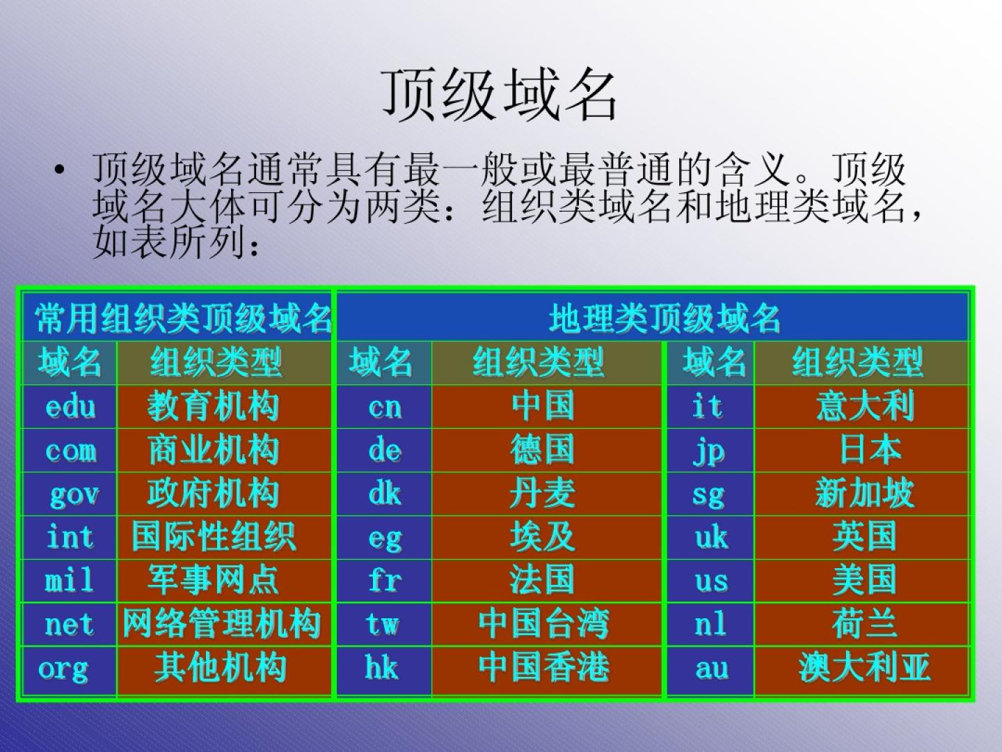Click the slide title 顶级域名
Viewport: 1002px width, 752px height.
pyautogui.click(x=500, y=96)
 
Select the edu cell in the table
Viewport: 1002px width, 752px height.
pyautogui.click(x=70, y=407)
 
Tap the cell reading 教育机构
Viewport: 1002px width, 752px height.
pyautogui.click(x=223, y=407)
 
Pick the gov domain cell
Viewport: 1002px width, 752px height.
pyautogui.click(x=70, y=494)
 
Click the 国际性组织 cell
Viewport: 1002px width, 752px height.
pyautogui.click(x=223, y=538)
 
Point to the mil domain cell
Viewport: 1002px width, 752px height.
pyautogui.click(x=70, y=581)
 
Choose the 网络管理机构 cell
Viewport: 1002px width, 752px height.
pyautogui.click(x=223, y=624)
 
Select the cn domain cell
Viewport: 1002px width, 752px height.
pyautogui.click(x=384, y=407)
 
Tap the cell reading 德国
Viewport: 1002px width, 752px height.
pyautogui.click(x=546, y=451)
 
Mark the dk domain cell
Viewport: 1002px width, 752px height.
pyautogui.click(x=384, y=494)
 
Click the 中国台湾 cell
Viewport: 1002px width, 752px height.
pyautogui.click(x=546, y=624)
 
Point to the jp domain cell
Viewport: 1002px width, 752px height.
pyautogui.click(x=710, y=451)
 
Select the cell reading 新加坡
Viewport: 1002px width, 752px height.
pyautogui.click(x=861, y=494)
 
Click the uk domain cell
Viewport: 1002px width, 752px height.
pyautogui.click(x=710, y=538)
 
